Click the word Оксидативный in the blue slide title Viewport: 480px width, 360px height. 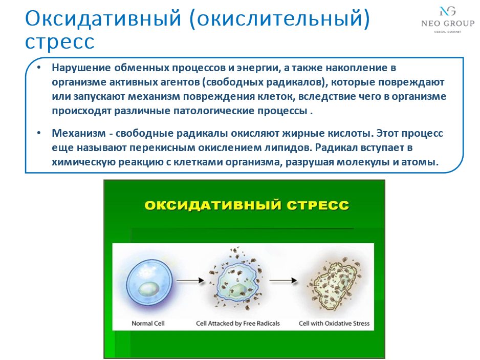tap(103, 19)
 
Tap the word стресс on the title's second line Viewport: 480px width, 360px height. tap(60, 42)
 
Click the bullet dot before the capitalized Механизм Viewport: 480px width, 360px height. tap(39, 134)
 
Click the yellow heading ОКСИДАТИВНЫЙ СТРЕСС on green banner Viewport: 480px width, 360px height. tap(247, 206)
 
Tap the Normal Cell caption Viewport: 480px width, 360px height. tap(148, 324)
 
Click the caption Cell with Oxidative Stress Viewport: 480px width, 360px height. tap(334, 324)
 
